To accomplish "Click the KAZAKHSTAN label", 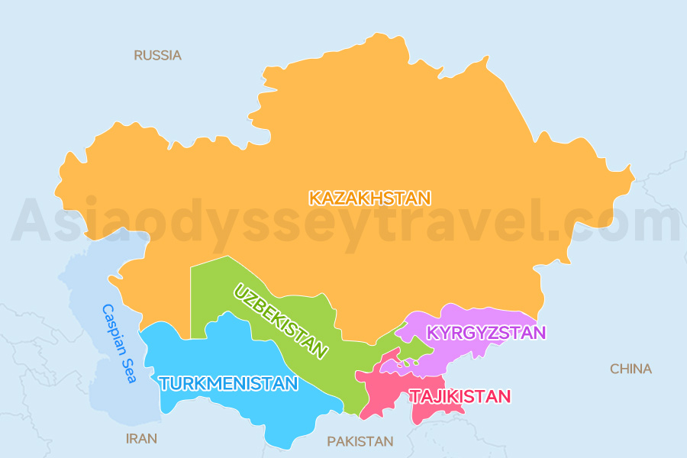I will [369, 198].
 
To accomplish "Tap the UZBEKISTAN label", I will [281, 321].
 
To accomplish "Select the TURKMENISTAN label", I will [228, 383].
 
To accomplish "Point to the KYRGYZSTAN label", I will [486, 333].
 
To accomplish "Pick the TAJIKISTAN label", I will [460, 396].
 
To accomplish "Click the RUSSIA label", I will [157, 55].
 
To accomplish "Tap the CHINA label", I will [631, 369].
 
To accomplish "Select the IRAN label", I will [141, 438].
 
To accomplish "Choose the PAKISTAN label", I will [360, 441].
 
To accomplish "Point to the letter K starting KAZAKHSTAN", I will [314, 198].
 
